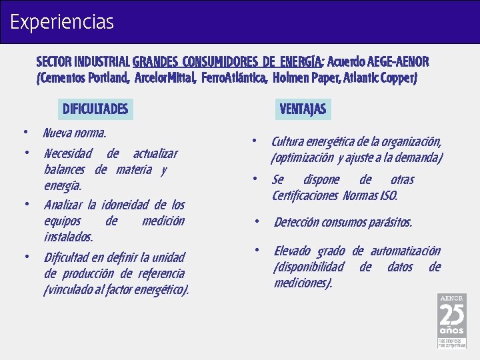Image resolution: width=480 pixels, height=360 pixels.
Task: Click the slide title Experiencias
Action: pos(62,23)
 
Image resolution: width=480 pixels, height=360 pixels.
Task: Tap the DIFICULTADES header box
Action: pos(95,109)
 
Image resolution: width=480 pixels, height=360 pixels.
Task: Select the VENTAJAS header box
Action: pos(303,109)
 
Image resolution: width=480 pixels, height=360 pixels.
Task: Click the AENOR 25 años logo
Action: pos(451,321)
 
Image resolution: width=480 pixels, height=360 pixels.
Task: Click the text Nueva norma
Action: pos(74,133)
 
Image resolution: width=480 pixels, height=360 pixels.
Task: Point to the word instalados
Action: pos(68,237)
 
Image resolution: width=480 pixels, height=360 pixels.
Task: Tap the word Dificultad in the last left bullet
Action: pos(67,257)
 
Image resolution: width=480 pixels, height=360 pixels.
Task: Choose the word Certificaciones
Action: pos(305,196)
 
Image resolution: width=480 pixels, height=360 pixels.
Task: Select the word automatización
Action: pos(405,251)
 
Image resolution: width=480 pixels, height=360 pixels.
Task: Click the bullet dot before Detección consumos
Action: pos(257,221)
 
